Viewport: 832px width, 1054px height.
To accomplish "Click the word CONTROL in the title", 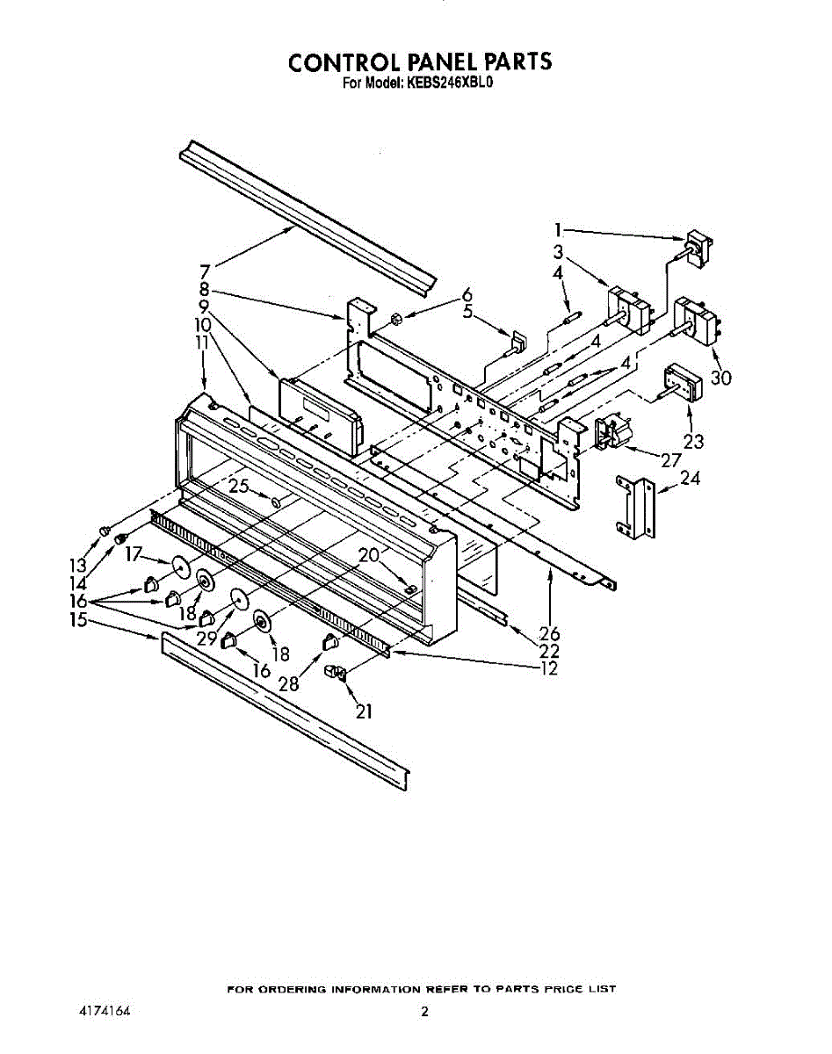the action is click(x=346, y=62).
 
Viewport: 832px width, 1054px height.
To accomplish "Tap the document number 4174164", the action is click(x=105, y=1011).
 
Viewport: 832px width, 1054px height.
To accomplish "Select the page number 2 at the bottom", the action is click(x=424, y=1012).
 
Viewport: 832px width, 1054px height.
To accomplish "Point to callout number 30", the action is click(x=720, y=378).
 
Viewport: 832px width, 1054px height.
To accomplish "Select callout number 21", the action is click(x=364, y=712).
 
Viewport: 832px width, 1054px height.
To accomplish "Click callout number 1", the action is click(x=558, y=231).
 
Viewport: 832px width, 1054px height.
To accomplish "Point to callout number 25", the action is click(x=238, y=486).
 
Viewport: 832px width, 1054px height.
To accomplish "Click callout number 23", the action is click(x=692, y=442).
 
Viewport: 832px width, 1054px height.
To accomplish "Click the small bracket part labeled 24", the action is click(x=634, y=508).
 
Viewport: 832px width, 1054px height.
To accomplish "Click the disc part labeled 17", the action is click(x=182, y=568).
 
